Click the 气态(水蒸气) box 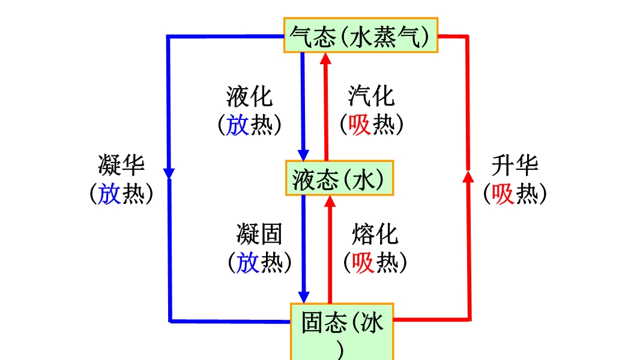click(x=361, y=36)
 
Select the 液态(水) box click(x=340, y=178)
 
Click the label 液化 click(x=250, y=96)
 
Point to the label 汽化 click(x=372, y=96)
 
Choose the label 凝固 click(x=259, y=234)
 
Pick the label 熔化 click(x=375, y=234)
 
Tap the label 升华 click(x=515, y=165)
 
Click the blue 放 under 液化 click(x=238, y=125)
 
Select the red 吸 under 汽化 click(x=360, y=125)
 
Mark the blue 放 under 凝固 click(x=247, y=263)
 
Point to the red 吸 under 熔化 click(x=363, y=263)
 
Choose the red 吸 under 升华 click(x=503, y=194)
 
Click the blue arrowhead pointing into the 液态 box click(x=304, y=155)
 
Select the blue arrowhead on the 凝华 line click(x=169, y=173)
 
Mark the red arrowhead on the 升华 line click(x=468, y=175)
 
